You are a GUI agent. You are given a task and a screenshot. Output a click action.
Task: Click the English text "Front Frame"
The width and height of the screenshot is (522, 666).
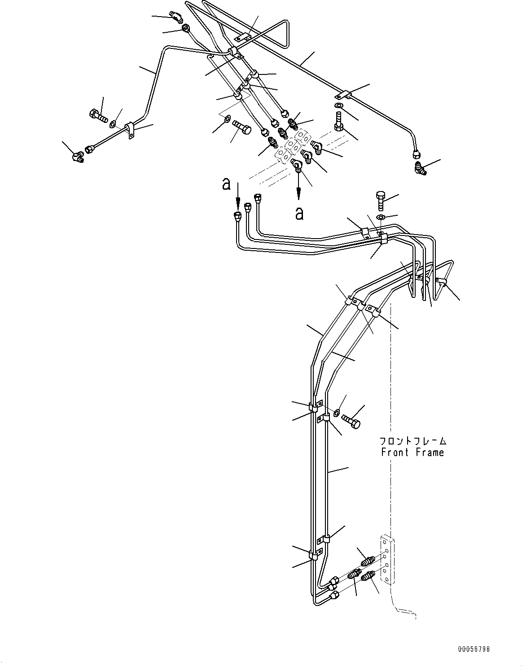click(412, 453)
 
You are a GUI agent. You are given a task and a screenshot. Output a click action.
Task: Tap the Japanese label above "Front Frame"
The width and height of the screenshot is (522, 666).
click(412, 441)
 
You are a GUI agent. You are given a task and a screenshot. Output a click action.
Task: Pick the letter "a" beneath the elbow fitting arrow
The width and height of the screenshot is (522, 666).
click(299, 213)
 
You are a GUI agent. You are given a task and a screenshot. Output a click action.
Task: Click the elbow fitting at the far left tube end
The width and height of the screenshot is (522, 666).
click(78, 157)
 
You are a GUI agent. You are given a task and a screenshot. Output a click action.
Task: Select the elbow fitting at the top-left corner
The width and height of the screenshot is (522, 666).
click(175, 17)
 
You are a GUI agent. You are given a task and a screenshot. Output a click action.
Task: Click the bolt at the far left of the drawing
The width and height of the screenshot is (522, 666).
click(99, 116)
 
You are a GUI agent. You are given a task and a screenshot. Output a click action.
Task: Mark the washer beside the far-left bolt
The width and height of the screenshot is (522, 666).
click(114, 123)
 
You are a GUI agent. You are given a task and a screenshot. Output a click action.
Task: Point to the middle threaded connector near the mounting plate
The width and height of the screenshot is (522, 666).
click(357, 573)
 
